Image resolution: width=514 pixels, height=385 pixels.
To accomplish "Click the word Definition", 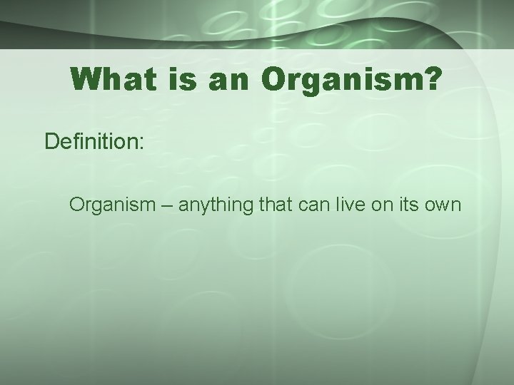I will pos(91,141).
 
